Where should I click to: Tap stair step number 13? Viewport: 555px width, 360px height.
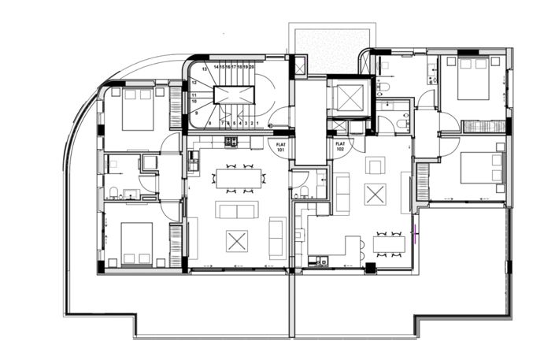[204, 69]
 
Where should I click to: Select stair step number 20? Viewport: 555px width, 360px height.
[251, 69]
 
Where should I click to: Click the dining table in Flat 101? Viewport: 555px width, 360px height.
[238, 177]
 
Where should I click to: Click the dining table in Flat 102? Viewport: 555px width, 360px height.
[390, 243]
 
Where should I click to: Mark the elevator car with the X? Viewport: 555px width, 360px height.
[346, 98]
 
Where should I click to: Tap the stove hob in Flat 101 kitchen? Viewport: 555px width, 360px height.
[231, 142]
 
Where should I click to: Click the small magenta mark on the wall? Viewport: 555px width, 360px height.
[416, 231]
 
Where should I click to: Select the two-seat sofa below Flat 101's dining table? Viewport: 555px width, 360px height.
[236, 210]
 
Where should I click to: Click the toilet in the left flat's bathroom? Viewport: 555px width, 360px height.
[115, 191]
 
